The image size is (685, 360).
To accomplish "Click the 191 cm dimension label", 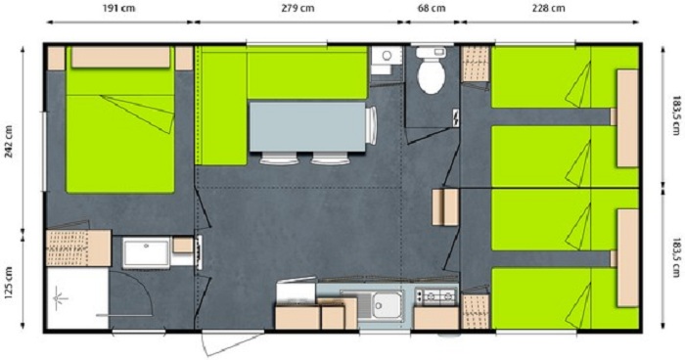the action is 118,8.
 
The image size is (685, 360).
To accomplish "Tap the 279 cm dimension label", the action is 297,8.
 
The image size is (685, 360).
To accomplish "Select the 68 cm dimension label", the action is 433,8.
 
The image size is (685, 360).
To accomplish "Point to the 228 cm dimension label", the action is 549,8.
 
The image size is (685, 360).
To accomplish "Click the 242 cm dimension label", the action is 9,138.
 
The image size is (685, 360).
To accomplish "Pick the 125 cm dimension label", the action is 9,283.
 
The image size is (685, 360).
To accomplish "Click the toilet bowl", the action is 432,75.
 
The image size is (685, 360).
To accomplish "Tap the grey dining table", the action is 307,127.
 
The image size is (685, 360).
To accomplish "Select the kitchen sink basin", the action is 388,304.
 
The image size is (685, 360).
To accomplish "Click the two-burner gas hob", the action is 435,296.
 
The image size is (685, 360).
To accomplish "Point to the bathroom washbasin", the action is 146,252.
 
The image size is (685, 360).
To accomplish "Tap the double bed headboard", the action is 120,58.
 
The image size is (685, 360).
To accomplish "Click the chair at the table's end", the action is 371,125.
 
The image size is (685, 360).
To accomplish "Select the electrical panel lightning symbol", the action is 456,117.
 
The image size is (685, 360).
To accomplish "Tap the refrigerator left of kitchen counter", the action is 296,291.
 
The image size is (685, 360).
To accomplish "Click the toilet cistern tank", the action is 432,53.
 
